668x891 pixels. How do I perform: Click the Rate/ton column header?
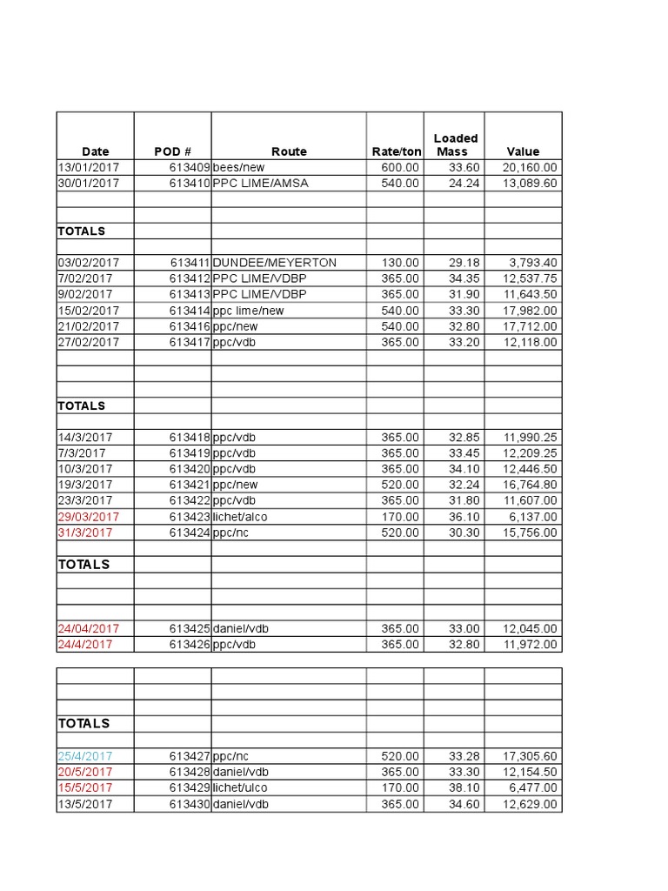click(396, 151)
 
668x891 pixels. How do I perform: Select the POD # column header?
click(172, 151)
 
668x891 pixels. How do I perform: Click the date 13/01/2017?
click(89, 168)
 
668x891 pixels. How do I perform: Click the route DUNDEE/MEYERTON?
click(274, 263)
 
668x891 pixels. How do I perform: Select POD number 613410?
click(190, 184)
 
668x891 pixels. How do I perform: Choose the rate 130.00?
click(400, 263)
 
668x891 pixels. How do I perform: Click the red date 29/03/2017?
click(89, 517)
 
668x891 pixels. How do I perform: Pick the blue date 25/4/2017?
click(85, 756)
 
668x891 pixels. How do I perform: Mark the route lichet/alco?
click(240, 517)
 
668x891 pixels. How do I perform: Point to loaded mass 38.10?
click(461, 788)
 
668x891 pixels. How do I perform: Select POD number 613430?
click(190, 804)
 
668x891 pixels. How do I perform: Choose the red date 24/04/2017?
click(89, 628)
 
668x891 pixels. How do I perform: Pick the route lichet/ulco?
click(240, 788)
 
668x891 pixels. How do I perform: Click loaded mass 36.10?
click(461, 517)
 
